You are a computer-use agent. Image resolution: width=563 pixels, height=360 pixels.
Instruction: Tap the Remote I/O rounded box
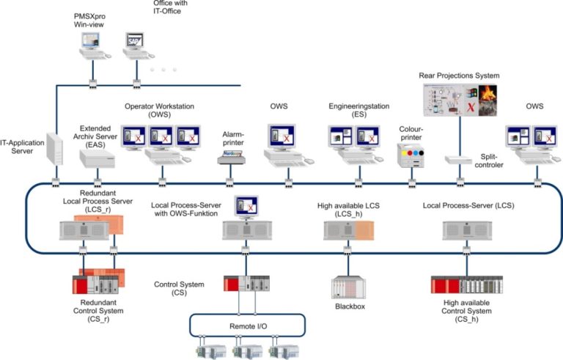point(248,323)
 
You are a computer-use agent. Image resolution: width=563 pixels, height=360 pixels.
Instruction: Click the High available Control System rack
point(466,284)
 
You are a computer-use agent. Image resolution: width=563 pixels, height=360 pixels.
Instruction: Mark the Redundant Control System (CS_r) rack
point(99,283)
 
